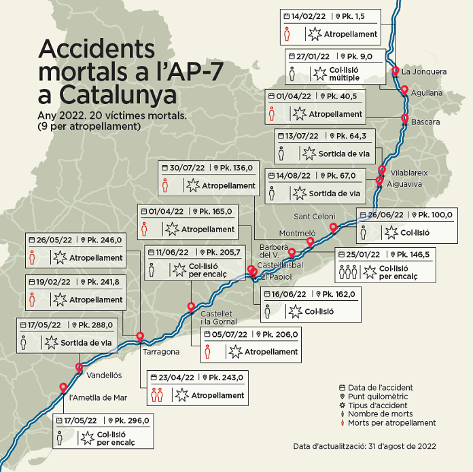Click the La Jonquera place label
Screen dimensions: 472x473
coord(424,71)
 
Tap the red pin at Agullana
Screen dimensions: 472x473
coord(404,90)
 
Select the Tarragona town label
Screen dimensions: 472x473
coord(161,352)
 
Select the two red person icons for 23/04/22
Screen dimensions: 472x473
coord(156,395)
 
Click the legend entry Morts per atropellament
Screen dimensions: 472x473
coord(391,422)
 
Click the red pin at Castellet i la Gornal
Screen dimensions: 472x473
coord(191,307)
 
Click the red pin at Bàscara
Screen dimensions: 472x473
coord(404,119)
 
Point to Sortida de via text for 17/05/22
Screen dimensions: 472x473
coord(86,342)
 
